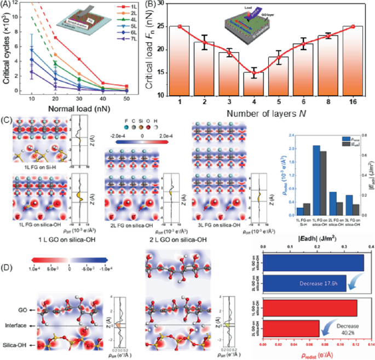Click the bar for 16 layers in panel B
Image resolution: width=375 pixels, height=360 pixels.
[x=353, y=60]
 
